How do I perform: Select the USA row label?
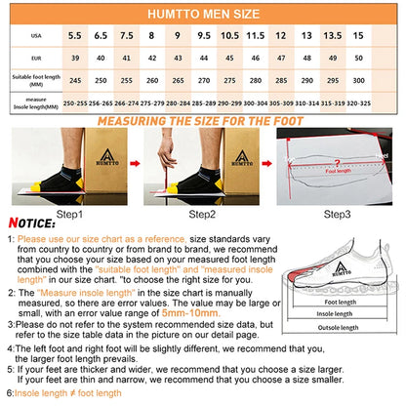tap(36, 36)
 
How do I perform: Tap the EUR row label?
tap(36, 58)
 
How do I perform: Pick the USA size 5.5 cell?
tap(74, 36)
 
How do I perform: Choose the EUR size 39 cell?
tap(74, 58)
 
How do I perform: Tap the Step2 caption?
tap(204, 214)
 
